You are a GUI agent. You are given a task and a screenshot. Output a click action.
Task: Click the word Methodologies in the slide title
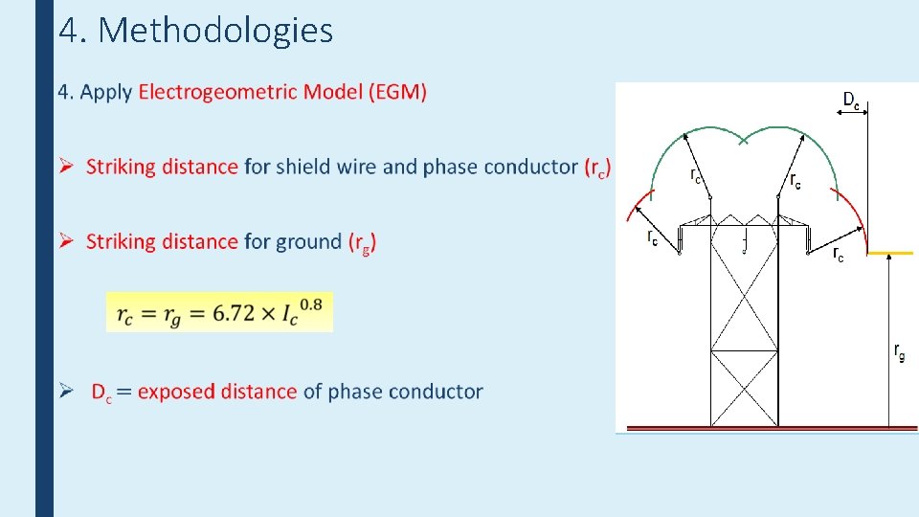pyautogui.click(x=215, y=31)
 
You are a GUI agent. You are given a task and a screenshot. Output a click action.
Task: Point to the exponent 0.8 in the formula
pyautogui.click(x=310, y=304)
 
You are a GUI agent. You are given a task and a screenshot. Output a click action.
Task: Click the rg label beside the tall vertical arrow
pyautogui.click(x=899, y=351)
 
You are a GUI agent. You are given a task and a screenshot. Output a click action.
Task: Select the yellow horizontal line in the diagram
pyautogui.click(x=889, y=254)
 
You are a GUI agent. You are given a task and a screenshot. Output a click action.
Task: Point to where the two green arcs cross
pyautogui.click(x=745, y=141)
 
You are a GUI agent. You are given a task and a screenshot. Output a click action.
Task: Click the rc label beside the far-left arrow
pyautogui.click(x=652, y=236)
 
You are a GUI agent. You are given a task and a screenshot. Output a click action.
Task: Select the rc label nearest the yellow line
pyautogui.click(x=838, y=254)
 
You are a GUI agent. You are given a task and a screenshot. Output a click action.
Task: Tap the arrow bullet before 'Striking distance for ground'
pyautogui.click(x=66, y=241)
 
